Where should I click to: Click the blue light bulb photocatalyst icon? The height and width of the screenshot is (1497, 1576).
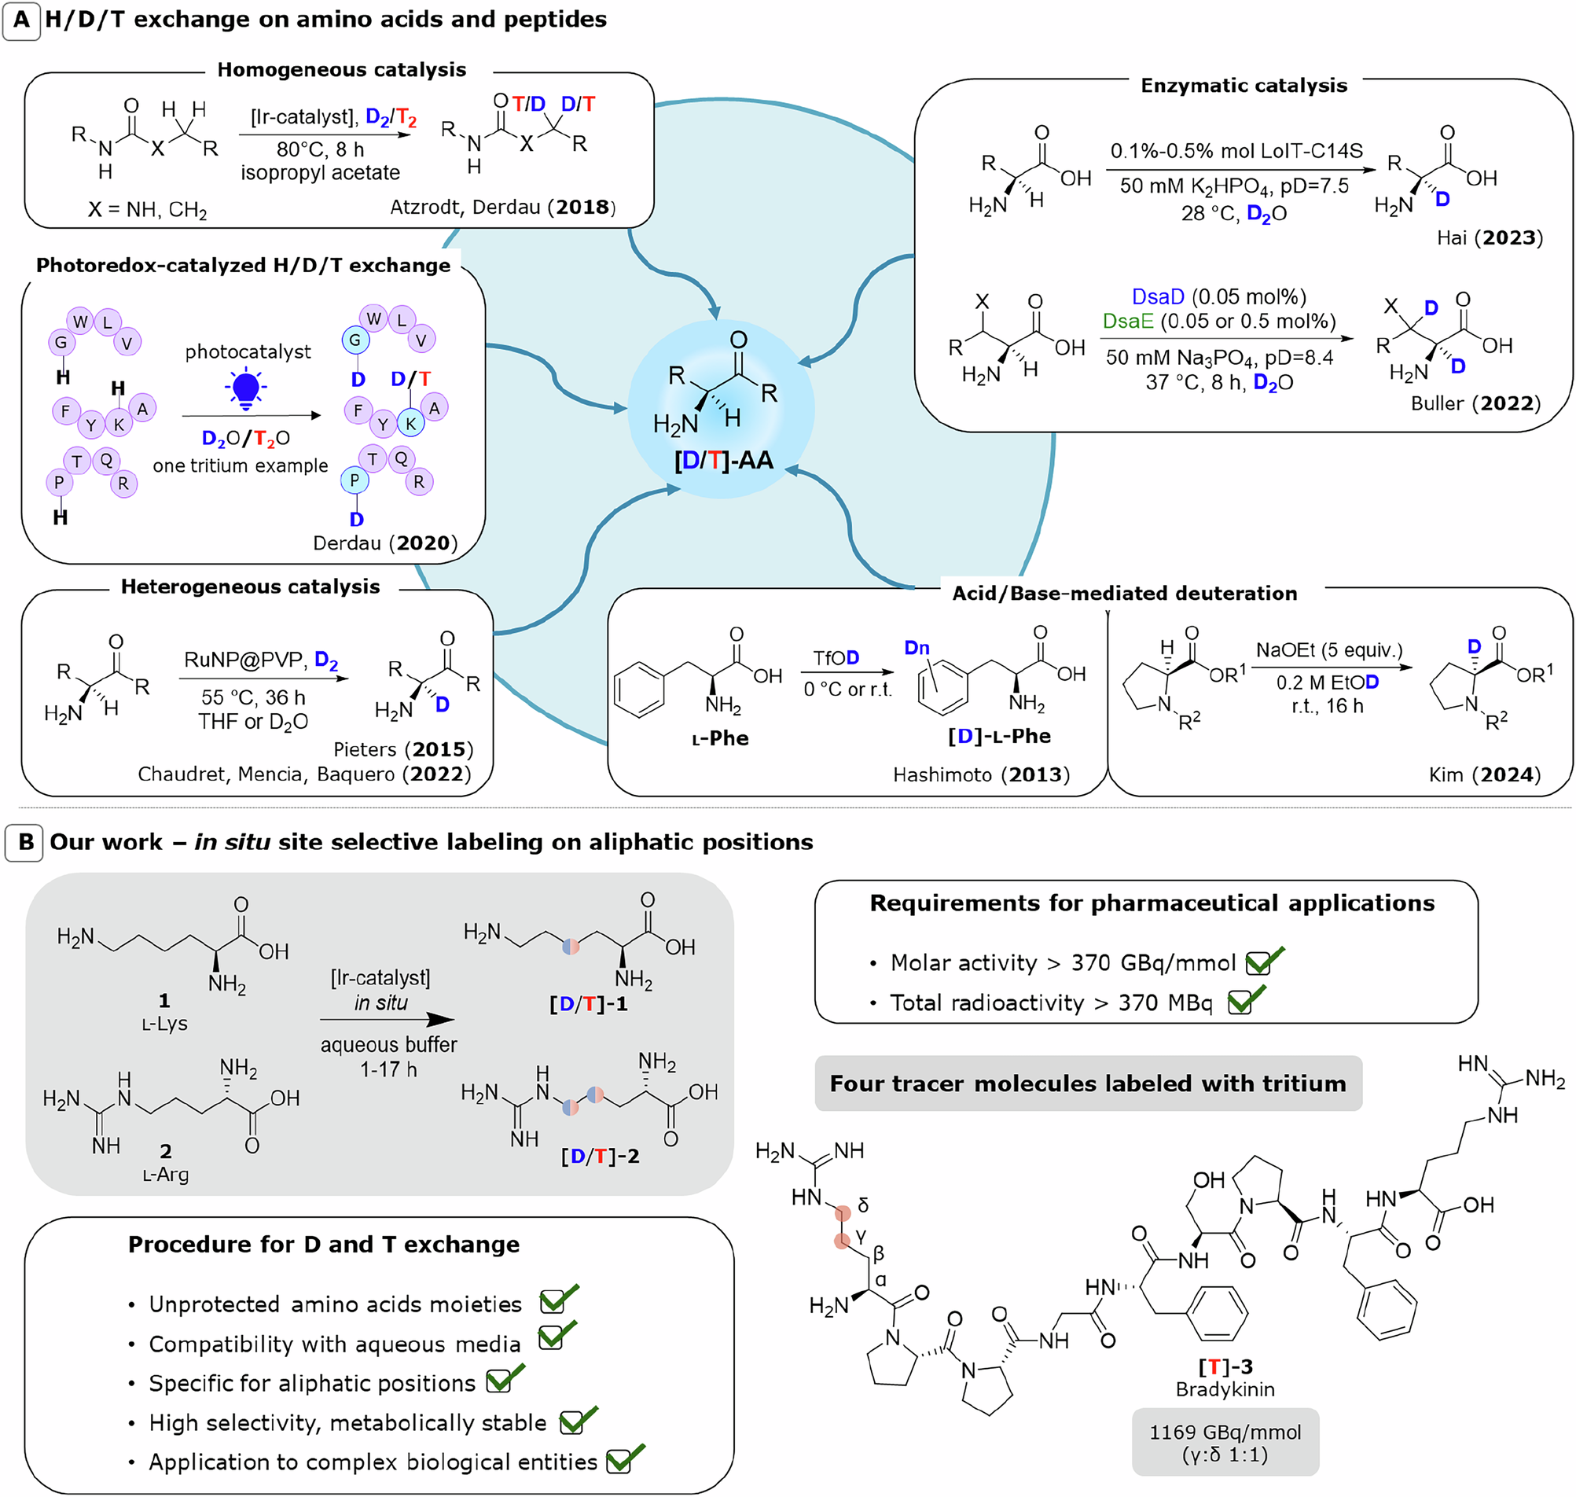coord(246,389)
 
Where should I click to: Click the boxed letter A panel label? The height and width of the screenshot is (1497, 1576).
coord(21,19)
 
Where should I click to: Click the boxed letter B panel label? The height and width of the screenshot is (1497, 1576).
coord(25,843)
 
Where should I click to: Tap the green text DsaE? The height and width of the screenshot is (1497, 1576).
coord(1128,321)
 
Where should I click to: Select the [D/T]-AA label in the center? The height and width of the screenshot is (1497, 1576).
coord(723,461)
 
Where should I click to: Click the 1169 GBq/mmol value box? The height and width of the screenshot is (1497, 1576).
coord(1225,1443)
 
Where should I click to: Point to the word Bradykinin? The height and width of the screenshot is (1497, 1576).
coord(1225,1389)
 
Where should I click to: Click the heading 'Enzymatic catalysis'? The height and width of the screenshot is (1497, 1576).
coord(1243,86)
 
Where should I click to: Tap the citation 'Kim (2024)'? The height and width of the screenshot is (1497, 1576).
coord(1483,774)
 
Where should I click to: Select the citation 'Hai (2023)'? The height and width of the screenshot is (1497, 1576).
coord(1489,237)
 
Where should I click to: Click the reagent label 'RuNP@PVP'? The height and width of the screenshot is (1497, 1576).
coord(244,660)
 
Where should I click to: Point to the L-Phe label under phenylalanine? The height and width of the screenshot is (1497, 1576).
coord(719,738)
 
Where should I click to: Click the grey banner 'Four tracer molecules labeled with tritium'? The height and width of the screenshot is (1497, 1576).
coord(1087,1083)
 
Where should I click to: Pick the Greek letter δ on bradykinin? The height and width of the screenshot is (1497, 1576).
coord(863,1205)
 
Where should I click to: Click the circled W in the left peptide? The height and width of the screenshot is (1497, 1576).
coord(79,322)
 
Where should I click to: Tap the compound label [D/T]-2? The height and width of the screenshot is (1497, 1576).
coord(600,1157)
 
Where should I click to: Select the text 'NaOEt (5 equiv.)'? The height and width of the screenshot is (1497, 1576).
coord(1328,650)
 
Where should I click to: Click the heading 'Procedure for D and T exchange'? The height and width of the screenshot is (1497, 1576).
coord(323,1245)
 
